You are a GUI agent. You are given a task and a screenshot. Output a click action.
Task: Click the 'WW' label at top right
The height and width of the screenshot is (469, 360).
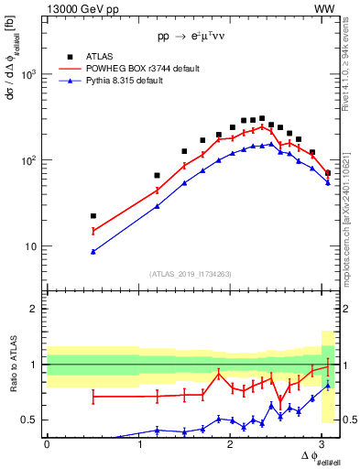[x=323, y=9]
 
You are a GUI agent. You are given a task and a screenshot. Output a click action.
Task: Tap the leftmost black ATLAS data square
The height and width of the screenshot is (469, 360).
[x=93, y=216]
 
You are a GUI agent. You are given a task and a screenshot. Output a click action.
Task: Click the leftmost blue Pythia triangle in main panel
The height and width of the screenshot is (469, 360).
[x=93, y=251]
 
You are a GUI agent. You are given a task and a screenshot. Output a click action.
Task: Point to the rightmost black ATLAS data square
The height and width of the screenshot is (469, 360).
[x=328, y=172]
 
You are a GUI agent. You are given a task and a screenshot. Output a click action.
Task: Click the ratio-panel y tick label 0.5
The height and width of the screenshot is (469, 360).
[x=33, y=420]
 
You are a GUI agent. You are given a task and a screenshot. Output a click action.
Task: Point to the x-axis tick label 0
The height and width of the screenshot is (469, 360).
[x=47, y=444]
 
